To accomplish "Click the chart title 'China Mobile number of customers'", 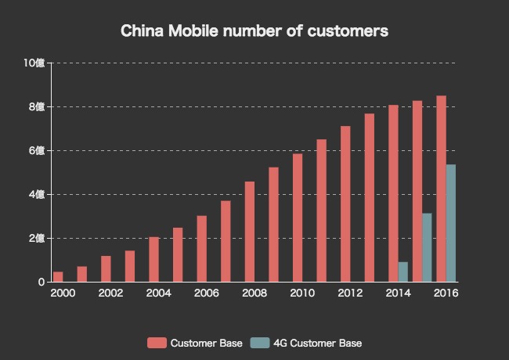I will pos(254,32).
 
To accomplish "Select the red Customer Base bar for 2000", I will pos(58,277).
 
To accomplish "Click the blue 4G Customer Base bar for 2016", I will pos(451,223).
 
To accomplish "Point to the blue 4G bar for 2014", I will pos(403,272).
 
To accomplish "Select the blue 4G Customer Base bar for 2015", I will pos(427,247).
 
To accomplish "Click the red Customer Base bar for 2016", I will pos(441,189).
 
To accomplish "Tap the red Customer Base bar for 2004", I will pos(153,259).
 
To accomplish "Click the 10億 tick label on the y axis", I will pos(34,63).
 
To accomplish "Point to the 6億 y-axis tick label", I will pos(37,150).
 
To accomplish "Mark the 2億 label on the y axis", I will pos(37,238).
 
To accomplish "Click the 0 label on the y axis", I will pos(41,282).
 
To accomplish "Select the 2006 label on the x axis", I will pos(206,293).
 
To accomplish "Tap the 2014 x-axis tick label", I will pos(399,293).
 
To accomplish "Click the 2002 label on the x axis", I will pos(110,293).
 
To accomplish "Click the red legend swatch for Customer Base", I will pos(157,343).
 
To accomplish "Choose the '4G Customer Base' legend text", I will pos(317,343).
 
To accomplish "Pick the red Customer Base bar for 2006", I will pos(201,249).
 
